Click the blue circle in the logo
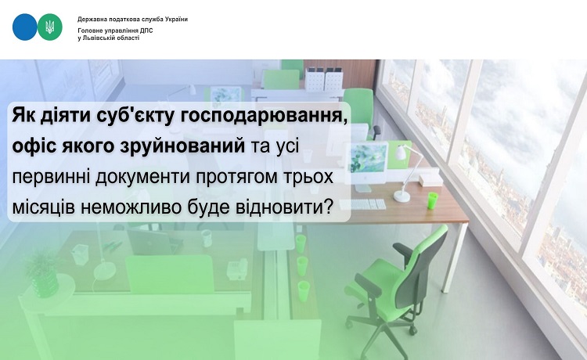tap(25, 27)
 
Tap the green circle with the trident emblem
tap(50, 27)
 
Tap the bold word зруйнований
tap(182, 146)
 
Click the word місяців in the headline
tap(43, 207)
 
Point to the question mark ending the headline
tap(328, 206)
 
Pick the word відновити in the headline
tap(279, 206)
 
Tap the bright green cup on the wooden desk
tap(432, 200)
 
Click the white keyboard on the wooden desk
tap(362, 204)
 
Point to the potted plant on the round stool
tap(43, 272)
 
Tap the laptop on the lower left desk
tap(149, 241)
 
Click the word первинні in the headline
tap(52, 177)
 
